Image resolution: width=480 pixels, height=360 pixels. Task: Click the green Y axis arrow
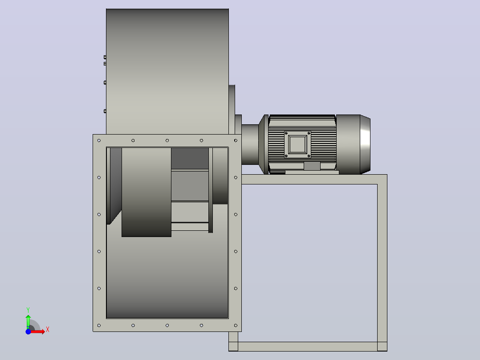[x=28, y=321]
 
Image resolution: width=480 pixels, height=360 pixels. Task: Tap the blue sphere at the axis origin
[x=28, y=331]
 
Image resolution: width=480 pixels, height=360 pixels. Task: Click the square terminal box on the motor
[x=297, y=144]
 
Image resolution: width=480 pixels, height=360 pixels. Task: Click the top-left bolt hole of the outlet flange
[x=99, y=141]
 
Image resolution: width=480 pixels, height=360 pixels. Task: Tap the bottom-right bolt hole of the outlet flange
[x=236, y=325]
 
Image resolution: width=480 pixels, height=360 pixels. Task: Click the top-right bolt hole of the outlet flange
[x=236, y=141]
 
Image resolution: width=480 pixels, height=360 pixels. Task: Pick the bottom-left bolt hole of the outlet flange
[x=99, y=325]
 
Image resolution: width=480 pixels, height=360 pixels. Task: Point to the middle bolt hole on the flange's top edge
[x=167, y=141]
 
